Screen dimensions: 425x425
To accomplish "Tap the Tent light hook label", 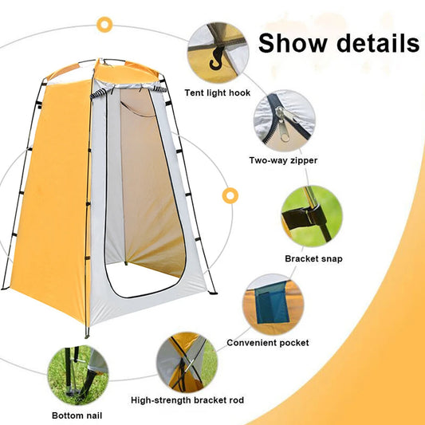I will [x=218, y=92].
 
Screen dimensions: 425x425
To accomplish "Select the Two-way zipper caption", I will [x=284, y=160].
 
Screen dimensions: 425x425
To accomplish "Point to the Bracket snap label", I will [x=311, y=258].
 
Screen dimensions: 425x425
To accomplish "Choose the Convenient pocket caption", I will [x=268, y=343].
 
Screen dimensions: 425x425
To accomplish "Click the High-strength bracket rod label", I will [x=187, y=399].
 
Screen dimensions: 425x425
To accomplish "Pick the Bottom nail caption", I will [x=77, y=415].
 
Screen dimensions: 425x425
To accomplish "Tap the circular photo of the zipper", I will [x=284, y=120].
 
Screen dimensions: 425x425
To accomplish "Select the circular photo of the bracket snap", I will [x=311, y=216].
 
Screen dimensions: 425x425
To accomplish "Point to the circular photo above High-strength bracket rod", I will [x=187, y=362].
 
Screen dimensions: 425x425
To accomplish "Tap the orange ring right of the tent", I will [x=231, y=195].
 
